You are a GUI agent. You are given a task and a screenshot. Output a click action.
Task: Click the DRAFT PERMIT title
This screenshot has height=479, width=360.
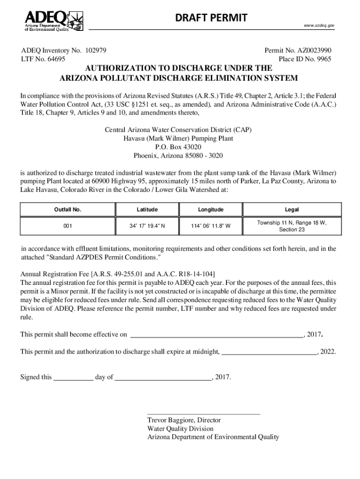coord(211,18)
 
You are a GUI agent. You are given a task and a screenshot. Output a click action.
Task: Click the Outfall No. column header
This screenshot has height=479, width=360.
coord(68,210)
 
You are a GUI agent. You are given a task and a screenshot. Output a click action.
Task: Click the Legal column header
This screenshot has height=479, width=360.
coord(292,210)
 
